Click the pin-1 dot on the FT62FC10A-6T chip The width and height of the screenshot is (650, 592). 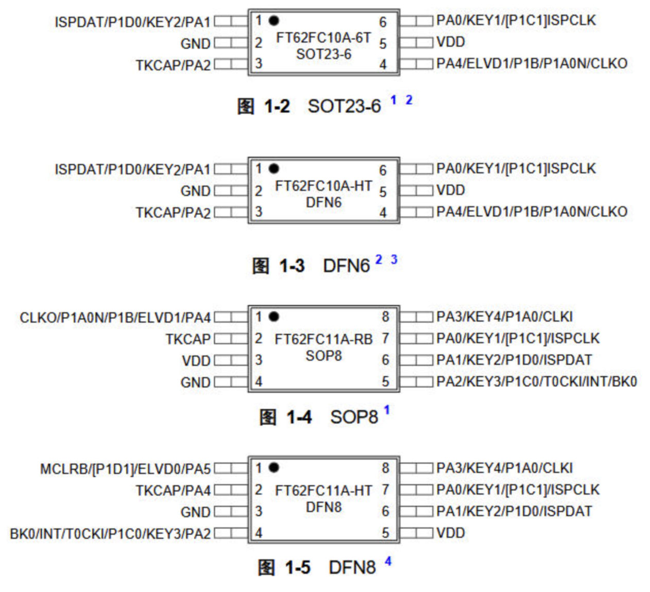274,21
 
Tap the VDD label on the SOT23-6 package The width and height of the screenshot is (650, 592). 450,42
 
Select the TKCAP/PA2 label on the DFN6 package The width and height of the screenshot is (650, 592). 174,213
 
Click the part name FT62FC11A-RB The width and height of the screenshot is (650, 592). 323,339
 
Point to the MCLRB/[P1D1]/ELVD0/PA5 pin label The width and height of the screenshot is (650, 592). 125,469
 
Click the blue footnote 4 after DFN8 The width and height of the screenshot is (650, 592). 388,561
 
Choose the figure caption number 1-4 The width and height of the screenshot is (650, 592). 299,417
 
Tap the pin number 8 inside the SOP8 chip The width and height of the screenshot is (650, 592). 385,317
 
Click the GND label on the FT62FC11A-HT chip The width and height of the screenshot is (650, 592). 196,512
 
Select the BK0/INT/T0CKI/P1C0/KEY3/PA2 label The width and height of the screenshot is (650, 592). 111,534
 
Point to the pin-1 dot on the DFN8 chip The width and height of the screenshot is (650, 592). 274,467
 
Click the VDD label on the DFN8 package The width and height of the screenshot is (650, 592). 450,533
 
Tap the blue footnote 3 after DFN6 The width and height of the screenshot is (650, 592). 394,259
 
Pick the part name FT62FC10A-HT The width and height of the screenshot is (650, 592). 323,186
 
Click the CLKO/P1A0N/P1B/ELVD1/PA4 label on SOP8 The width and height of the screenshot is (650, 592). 115,318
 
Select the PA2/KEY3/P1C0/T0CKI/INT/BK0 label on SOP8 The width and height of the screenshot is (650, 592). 537,381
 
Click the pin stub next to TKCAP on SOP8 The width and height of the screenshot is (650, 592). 231,339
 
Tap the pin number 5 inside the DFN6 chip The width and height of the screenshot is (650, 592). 383,191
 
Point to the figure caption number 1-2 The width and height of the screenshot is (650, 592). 277,106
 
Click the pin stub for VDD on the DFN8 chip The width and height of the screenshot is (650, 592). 416,533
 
